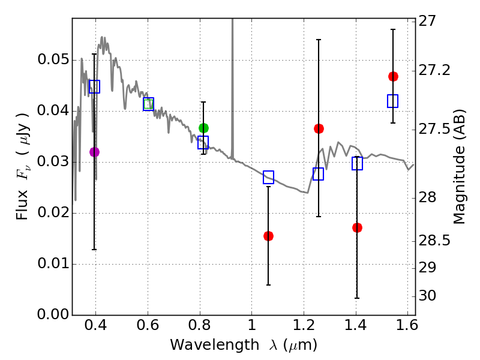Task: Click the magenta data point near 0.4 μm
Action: tap(94, 152)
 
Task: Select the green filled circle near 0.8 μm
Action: tap(203, 128)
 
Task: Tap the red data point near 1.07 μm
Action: tap(268, 236)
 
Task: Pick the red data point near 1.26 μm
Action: tap(319, 129)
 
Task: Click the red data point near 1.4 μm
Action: tap(357, 227)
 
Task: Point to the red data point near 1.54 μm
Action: tap(393, 76)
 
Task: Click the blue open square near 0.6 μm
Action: tap(148, 104)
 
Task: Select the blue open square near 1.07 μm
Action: tap(268, 177)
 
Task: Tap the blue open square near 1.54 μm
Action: tap(393, 101)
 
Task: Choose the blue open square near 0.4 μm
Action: tap(94, 86)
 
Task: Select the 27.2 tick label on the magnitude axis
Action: tap(436, 70)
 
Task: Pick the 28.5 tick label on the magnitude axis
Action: tap(436, 241)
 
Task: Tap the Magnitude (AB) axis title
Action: tap(460, 168)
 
